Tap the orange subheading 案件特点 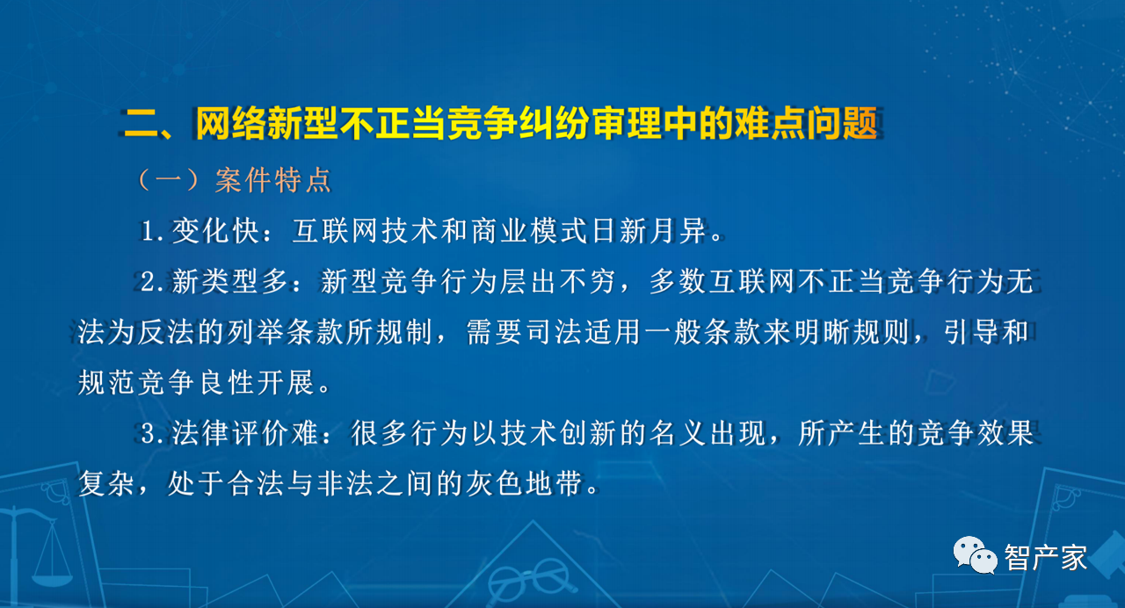[272, 180]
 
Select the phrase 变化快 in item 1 [215, 231]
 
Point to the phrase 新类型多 [230, 282]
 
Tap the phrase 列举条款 [286, 332]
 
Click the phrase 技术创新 [558, 433]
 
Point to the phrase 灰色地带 [525, 483]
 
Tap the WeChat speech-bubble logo [975, 554]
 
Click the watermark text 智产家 [1046, 557]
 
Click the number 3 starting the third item [149, 434]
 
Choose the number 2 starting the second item [149, 282]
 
